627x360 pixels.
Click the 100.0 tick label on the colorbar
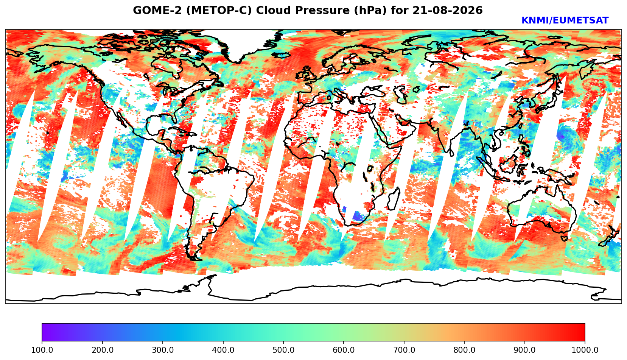[42, 350]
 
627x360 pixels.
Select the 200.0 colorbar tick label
[102, 350]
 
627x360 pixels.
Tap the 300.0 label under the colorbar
[163, 350]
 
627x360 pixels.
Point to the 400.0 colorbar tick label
[223, 350]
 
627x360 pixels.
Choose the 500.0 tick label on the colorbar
[283, 350]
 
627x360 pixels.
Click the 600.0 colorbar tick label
[344, 350]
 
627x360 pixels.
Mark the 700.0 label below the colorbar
[404, 350]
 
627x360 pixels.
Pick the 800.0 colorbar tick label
[464, 350]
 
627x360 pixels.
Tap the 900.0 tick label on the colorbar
[524, 350]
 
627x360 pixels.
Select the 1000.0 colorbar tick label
[585, 350]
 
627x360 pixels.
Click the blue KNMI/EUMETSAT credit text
[565, 20]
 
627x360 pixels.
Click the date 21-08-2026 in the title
[448, 11]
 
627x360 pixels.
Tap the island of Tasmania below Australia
[565, 238]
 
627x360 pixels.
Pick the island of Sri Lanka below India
[451, 153]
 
